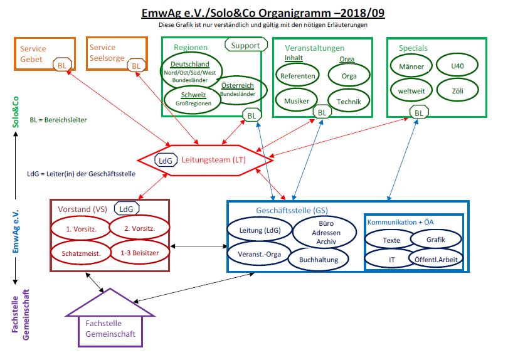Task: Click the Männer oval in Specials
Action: [411, 66]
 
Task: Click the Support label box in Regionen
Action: [245, 45]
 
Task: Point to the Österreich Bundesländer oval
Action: [239, 89]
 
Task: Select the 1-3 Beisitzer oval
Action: [139, 253]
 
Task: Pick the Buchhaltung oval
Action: [319, 258]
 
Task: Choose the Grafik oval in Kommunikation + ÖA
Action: [436, 239]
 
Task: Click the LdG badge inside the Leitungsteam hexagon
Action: [166, 161]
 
